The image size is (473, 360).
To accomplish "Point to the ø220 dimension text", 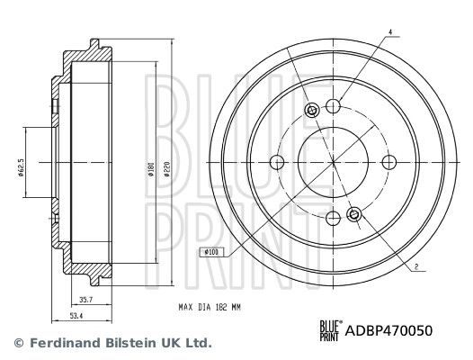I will [x=165, y=167].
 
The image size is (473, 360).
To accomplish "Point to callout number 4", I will [x=390, y=33].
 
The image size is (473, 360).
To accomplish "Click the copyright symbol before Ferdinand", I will [x=17, y=343].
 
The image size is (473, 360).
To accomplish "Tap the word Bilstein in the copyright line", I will [x=119, y=343].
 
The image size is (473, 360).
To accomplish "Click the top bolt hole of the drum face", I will [x=333, y=106].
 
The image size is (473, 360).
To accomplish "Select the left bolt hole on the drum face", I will [x=277, y=162].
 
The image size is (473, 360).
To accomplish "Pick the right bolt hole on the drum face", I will [x=388, y=162].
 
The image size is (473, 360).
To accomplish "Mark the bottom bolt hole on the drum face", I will [x=333, y=218].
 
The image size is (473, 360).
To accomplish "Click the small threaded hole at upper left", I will [x=311, y=111].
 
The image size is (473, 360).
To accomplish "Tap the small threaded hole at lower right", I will [x=354, y=214].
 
